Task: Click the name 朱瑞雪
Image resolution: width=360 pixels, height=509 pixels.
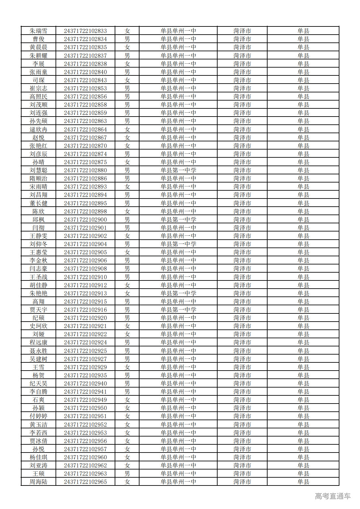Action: coord(39,31)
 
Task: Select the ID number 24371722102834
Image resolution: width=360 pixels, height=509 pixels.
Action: coord(85,39)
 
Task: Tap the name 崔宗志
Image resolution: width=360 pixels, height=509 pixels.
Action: coord(39,88)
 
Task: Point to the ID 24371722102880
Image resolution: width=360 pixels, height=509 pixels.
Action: coord(85,170)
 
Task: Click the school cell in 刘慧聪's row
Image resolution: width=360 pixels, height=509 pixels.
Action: coord(178,170)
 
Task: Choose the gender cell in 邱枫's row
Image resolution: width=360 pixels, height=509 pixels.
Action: coord(127,220)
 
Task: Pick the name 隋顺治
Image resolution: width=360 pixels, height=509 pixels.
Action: coord(39,179)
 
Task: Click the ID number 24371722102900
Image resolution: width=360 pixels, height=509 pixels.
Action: coord(85,220)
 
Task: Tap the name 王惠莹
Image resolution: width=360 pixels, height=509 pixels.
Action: coord(39,252)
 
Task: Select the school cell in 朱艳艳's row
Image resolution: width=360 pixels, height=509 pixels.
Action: coord(178,294)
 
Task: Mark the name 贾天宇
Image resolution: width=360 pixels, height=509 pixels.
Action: coord(39,310)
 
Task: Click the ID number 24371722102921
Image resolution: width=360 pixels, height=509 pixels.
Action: coord(85,326)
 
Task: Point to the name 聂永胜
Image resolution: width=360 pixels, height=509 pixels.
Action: coord(39,351)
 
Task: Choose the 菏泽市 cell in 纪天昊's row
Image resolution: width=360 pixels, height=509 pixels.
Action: coord(242,384)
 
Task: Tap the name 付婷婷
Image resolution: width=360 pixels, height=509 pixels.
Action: coord(39,416)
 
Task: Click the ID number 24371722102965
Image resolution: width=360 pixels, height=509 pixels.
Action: coord(85,482)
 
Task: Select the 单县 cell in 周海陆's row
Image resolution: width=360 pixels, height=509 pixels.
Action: coord(303,482)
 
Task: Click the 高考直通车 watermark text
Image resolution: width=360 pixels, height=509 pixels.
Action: coord(333,496)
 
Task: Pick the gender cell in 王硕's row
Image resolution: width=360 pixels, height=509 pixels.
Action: coord(127,474)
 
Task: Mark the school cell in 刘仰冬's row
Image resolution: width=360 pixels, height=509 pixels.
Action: coord(178,244)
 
